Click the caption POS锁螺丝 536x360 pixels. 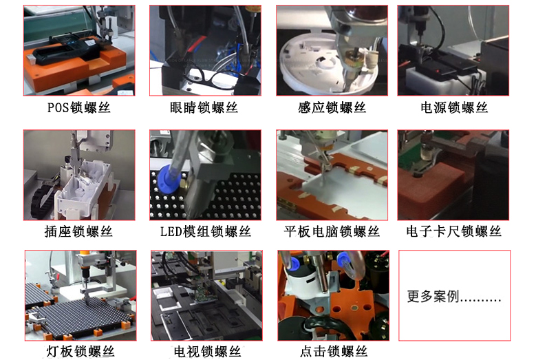tap(78, 107)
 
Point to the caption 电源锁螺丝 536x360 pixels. tap(454, 107)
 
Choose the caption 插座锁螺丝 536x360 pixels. tap(78, 231)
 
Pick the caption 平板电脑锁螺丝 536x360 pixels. tap(332, 231)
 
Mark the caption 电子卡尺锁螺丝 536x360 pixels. tap(453, 231)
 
